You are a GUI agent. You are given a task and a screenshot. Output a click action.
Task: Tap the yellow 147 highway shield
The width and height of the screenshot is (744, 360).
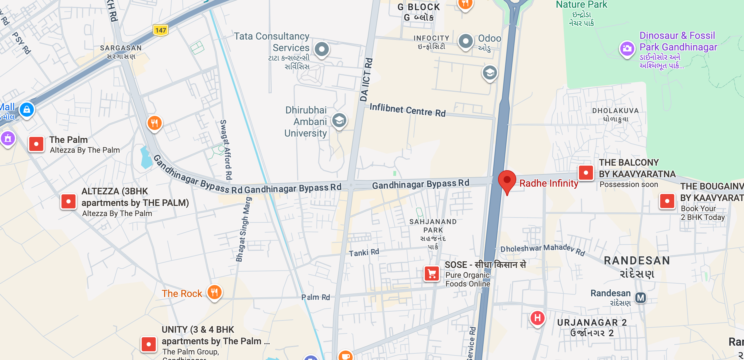coord(161,30)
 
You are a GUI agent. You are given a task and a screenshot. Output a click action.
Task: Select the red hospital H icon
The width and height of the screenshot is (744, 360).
coord(537,318)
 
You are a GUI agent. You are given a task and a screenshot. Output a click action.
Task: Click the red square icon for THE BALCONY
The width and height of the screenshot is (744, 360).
coord(586,173)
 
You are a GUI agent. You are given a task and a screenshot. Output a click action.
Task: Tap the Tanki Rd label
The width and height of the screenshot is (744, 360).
coord(364,253)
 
